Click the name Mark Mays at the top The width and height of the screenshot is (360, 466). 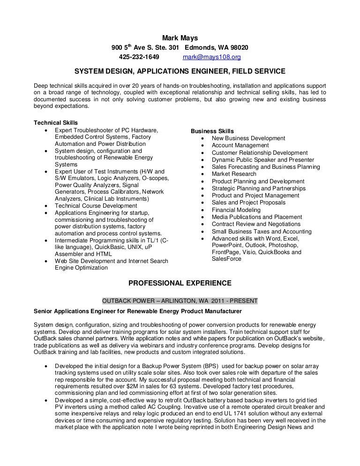(x=180, y=38)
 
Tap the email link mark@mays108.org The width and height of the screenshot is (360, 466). (x=211, y=57)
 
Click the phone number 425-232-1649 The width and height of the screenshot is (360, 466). (x=139, y=57)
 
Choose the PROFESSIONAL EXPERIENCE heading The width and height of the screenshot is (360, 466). (x=180, y=283)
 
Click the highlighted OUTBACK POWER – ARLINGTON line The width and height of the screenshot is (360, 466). (x=180, y=301)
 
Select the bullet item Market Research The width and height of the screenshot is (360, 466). (x=234, y=174)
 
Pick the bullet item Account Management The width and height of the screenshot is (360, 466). (x=240, y=145)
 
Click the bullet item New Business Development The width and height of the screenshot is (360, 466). (x=248, y=138)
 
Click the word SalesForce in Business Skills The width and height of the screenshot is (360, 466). (x=226, y=259)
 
